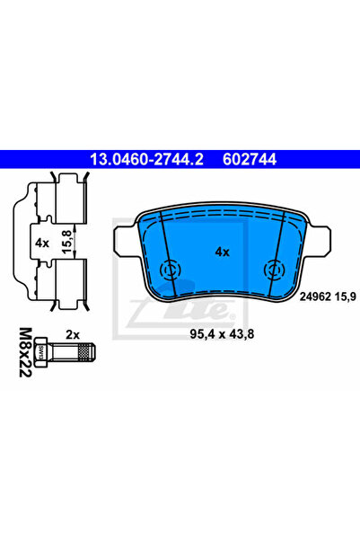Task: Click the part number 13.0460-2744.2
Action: point(146,159)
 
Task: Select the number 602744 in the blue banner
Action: point(250,159)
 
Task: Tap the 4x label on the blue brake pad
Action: point(222,252)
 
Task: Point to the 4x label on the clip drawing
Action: point(42,243)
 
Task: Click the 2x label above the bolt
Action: point(73,334)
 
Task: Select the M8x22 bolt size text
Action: point(25,352)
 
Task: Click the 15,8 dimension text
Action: point(67,242)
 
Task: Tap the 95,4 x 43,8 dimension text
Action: point(222,333)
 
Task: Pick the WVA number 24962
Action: point(315,297)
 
